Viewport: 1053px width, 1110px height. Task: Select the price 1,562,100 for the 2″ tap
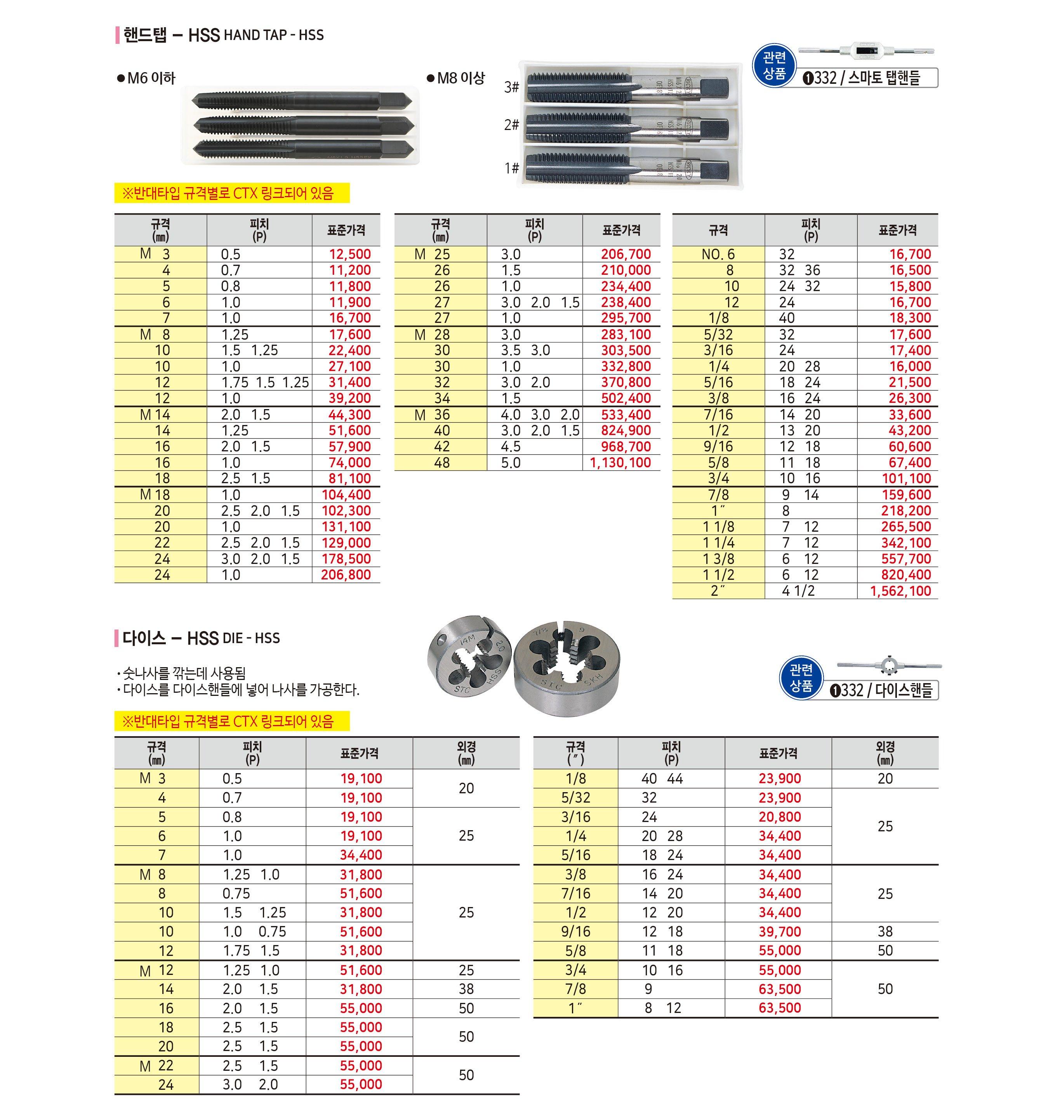click(x=900, y=591)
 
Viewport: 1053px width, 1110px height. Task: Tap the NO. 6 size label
click(x=718, y=254)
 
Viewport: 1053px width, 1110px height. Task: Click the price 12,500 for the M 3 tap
click(x=350, y=254)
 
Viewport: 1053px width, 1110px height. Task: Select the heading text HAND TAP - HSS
click(x=274, y=35)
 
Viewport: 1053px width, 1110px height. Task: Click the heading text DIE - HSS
click(x=251, y=638)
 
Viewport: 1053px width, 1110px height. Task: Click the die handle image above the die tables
click(x=888, y=666)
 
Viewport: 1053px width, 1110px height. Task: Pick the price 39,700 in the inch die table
click(x=780, y=931)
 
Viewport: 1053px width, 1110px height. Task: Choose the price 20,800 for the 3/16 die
click(x=780, y=817)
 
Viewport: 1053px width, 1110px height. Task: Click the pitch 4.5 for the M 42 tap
click(x=511, y=447)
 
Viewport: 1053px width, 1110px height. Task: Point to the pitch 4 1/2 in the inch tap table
click(x=798, y=591)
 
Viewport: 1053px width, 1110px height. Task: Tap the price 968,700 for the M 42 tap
click(x=625, y=447)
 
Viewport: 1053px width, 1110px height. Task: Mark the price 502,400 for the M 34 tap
click(x=625, y=399)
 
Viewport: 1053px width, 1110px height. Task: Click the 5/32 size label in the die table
click(x=575, y=798)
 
